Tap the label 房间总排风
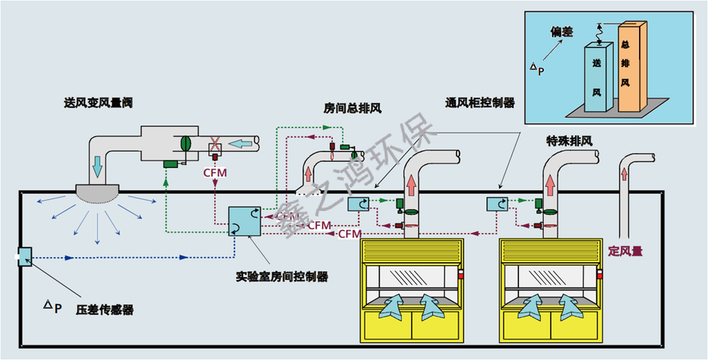pyautogui.click(x=353, y=108)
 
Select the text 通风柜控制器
pyautogui.click(x=480, y=103)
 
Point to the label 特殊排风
pyautogui.click(x=569, y=142)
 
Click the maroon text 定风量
pyautogui.click(x=625, y=251)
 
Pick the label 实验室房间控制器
pyautogui.click(x=282, y=276)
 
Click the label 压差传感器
pyautogui.click(x=105, y=310)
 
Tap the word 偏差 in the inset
pyautogui.click(x=562, y=32)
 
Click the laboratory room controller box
pyautogui.click(x=245, y=220)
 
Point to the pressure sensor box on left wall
pyautogui.click(x=24, y=256)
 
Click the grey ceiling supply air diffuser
pyautogui.click(x=99, y=193)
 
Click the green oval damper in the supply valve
pyautogui.click(x=185, y=143)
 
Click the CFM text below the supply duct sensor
pyautogui.click(x=215, y=173)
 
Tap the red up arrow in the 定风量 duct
pyautogui.click(x=624, y=174)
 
